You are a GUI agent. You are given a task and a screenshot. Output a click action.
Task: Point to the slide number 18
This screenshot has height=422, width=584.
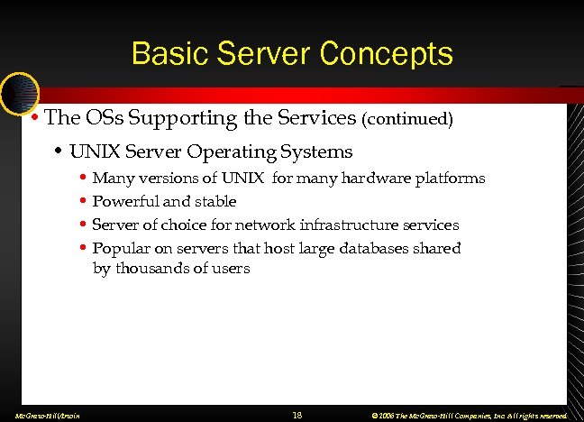point(297,415)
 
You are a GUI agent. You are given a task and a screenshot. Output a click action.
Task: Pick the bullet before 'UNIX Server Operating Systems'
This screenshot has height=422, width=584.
point(58,152)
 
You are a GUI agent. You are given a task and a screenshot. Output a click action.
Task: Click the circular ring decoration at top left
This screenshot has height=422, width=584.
point(18,93)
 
